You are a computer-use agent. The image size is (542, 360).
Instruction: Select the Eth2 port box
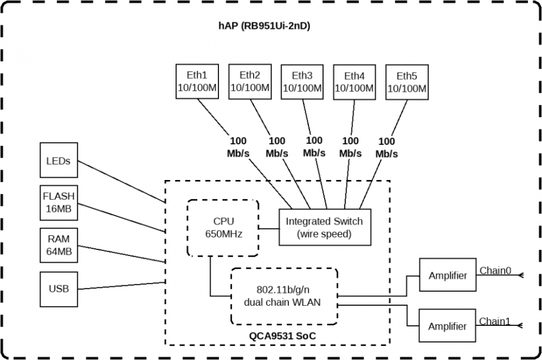(x=250, y=82)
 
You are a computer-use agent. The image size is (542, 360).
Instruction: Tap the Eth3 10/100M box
(x=302, y=82)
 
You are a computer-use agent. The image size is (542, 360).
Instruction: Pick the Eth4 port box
(x=354, y=82)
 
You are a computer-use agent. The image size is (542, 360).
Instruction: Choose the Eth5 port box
(x=407, y=82)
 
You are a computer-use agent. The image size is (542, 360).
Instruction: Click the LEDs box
(x=58, y=160)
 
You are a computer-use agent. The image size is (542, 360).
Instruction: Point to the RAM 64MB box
(x=58, y=245)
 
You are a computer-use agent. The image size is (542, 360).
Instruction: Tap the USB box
(x=58, y=288)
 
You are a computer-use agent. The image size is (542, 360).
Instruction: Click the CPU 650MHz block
(x=223, y=228)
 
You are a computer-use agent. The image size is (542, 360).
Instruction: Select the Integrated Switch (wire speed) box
(x=324, y=228)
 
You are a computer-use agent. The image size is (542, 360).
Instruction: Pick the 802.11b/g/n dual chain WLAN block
(x=284, y=296)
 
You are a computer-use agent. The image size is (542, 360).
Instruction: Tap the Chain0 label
(x=495, y=271)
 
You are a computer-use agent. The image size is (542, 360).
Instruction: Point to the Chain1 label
(x=495, y=321)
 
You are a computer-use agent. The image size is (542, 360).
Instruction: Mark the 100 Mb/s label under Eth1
(x=237, y=146)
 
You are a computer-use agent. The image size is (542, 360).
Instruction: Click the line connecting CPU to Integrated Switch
(x=269, y=228)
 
